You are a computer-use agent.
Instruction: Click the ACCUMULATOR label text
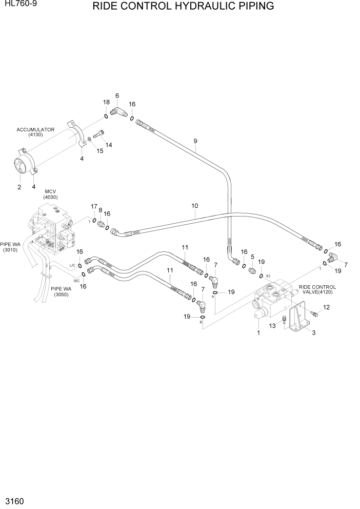(x=35, y=130)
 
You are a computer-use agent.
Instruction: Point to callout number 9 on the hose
(x=195, y=141)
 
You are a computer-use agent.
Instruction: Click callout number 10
(x=195, y=206)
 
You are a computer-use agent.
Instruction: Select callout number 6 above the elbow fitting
(x=117, y=95)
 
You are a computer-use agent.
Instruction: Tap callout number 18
(x=106, y=102)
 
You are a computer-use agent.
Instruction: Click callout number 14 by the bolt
(x=109, y=145)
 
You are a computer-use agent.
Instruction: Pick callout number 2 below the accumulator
(x=19, y=187)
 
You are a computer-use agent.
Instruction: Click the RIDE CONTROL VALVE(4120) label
(x=317, y=290)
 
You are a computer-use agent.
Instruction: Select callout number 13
(x=273, y=325)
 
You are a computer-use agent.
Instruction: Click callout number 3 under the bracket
(x=313, y=332)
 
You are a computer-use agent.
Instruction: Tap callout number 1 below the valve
(x=258, y=332)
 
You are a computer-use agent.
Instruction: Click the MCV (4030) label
(x=50, y=194)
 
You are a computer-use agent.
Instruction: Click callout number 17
(x=94, y=206)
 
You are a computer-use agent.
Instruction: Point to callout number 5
(x=252, y=257)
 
